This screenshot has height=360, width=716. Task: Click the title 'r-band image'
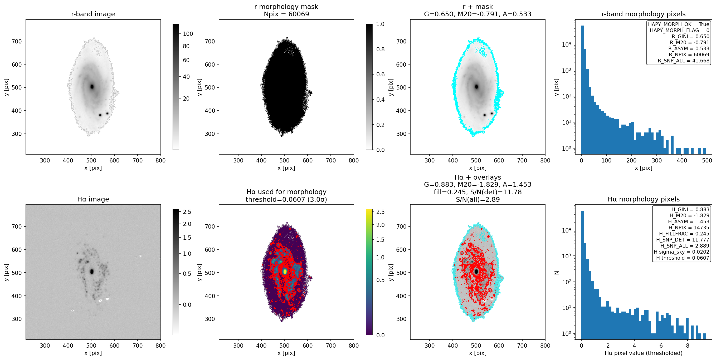93,14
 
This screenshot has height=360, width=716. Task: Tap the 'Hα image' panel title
93,199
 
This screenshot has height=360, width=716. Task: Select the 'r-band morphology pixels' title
644,14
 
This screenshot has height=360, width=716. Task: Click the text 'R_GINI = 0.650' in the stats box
690,36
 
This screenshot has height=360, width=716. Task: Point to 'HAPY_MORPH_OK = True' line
679,24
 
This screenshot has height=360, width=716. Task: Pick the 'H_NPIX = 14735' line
689,228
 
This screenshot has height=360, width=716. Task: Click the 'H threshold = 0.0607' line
683,258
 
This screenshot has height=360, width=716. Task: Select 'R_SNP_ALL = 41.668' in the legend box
684,61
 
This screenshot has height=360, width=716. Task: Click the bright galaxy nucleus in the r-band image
92,87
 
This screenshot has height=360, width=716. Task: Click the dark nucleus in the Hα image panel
92,272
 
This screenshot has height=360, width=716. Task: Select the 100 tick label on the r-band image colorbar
188,34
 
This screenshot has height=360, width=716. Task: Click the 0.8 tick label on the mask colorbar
380,49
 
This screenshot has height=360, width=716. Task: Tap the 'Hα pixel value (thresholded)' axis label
644,353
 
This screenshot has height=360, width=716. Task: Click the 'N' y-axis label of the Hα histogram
557,273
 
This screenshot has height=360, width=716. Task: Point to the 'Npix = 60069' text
286,14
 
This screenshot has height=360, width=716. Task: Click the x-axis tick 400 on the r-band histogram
682,160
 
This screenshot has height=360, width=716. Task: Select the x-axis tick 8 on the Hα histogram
687,346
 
